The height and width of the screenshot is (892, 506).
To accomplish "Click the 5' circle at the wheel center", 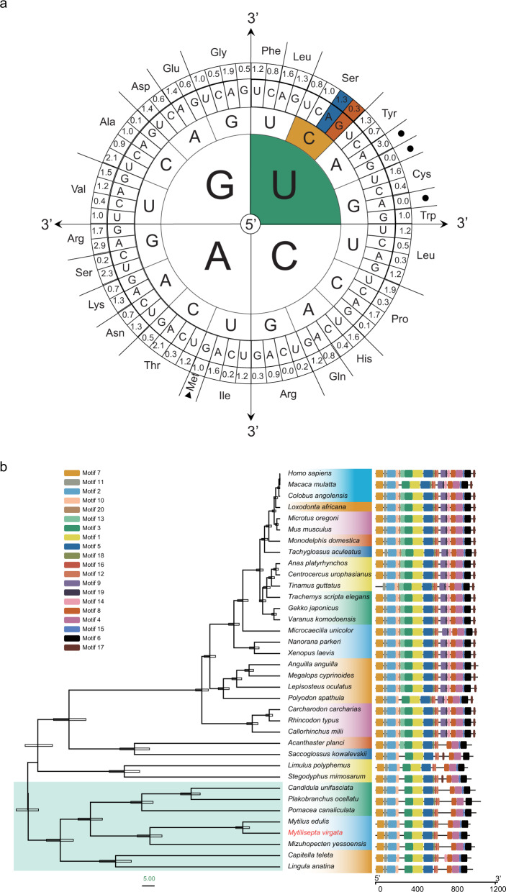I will coord(250,224).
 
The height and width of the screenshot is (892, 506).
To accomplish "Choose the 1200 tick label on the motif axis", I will coord(494,888).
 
